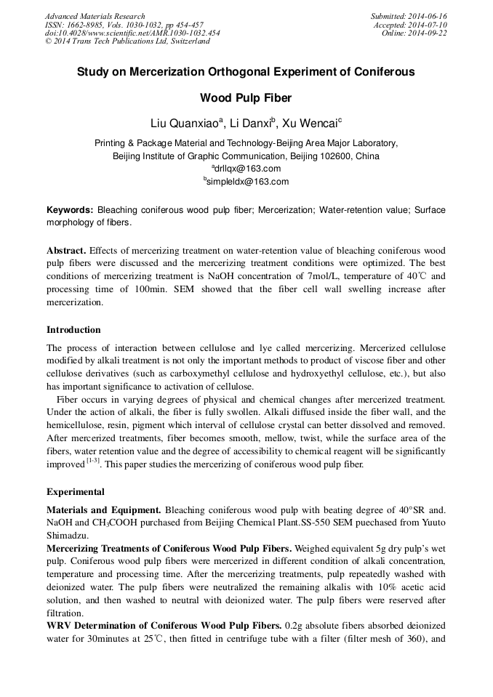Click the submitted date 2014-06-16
(x=429, y=16)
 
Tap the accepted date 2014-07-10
(x=430, y=25)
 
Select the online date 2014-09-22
(x=430, y=33)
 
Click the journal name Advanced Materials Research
(x=95, y=16)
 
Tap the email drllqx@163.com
(x=249, y=169)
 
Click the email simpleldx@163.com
(x=249, y=182)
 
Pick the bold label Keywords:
(x=70, y=210)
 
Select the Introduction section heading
(x=73, y=330)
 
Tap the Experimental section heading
(x=75, y=492)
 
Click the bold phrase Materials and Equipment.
(x=103, y=509)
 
